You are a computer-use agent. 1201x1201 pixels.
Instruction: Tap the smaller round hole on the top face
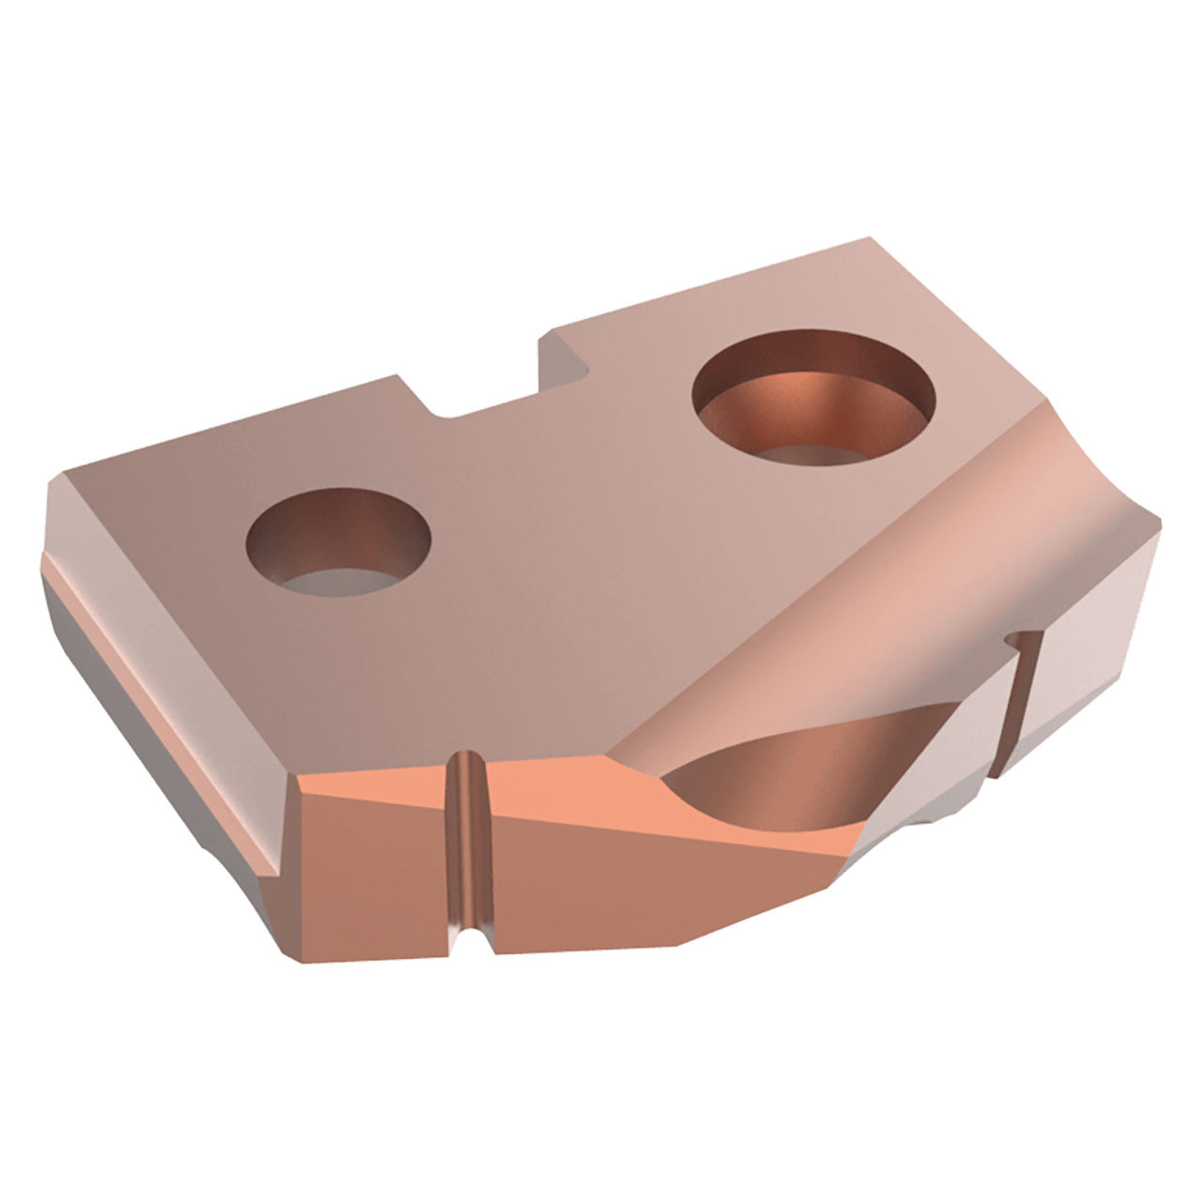[338, 545]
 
